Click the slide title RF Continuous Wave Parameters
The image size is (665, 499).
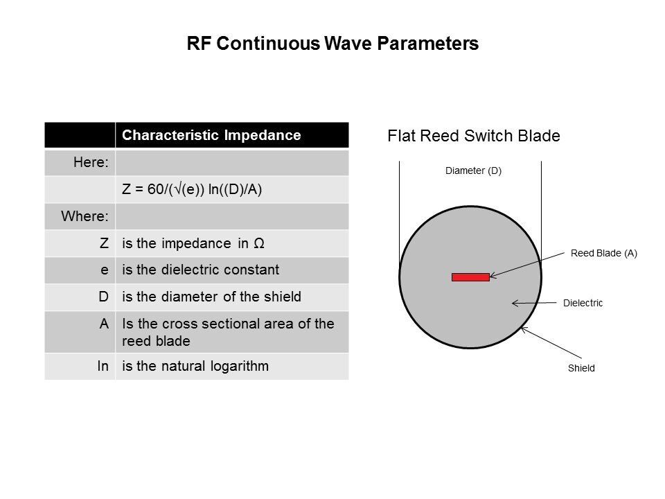click(x=332, y=44)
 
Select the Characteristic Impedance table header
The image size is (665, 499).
click(x=211, y=135)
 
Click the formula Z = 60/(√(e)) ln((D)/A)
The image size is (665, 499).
click(x=192, y=189)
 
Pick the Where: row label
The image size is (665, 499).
click(x=85, y=216)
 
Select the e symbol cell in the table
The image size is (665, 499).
click(x=105, y=270)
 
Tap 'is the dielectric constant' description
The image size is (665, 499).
click(x=200, y=270)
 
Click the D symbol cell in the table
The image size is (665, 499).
click(x=104, y=297)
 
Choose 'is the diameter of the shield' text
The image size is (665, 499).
click(x=211, y=297)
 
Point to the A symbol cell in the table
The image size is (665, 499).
click(x=104, y=324)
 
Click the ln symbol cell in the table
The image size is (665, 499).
click(x=103, y=365)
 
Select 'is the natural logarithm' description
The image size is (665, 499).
click(x=195, y=365)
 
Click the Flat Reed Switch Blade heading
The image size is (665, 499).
click(x=473, y=137)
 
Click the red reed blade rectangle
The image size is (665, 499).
click(x=470, y=277)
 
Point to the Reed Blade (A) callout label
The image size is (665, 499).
click(x=603, y=254)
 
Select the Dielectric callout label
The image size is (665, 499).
click(x=583, y=303)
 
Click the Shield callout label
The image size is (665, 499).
click(x=581, y=368)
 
